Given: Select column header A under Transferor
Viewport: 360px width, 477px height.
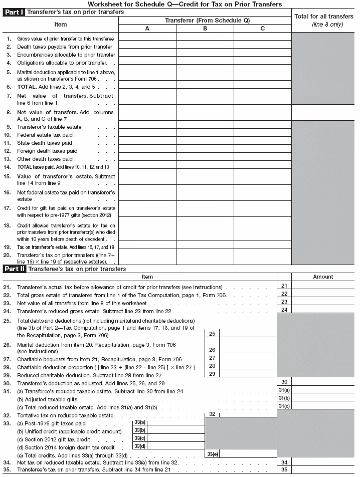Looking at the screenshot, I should tap(147, 29).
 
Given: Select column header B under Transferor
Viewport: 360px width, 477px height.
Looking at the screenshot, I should tap(205, 29).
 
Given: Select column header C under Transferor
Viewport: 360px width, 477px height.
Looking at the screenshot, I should tap(262, 29).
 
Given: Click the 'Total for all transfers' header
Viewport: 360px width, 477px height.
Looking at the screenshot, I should tap(323, 20).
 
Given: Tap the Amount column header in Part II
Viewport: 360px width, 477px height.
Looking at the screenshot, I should tap(323, 277).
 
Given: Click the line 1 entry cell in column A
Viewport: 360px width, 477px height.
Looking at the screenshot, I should tap(147, 38).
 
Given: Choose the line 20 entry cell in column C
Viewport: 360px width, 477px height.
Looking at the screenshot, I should tap(262, 258).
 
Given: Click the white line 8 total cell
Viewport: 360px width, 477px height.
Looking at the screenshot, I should tap(323, 112).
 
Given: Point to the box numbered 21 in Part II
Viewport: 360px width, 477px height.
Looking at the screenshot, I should tap(284, 286).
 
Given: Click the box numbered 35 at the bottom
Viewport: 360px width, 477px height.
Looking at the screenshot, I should tap(284, 470).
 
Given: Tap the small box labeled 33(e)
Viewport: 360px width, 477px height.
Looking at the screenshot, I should tap(213, 453).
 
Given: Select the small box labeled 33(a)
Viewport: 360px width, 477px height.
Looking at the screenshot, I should tap(140, 422).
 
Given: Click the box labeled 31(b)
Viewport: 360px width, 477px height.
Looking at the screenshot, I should tap(284, 398).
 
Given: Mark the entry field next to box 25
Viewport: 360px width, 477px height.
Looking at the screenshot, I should tap(248, 333).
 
